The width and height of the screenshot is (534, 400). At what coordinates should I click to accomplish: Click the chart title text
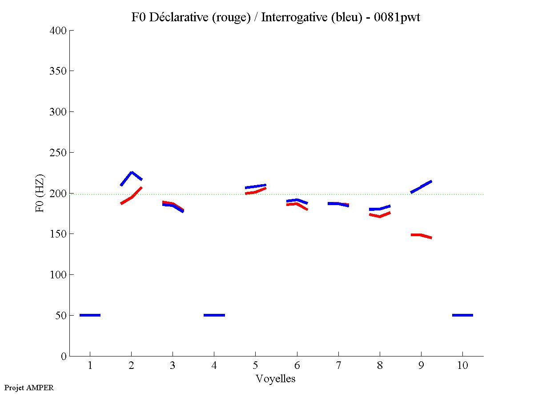click(276, 17)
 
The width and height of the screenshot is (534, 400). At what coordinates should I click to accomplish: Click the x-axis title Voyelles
click(276, 379)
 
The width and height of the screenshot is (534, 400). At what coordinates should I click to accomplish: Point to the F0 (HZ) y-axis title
click(40, 193)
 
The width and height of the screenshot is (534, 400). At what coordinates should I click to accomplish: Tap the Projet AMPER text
click(29, 388)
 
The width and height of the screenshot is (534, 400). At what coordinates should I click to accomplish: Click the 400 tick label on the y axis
click(59, 31)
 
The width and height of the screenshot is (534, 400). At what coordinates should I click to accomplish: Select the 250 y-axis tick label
click(59, 153)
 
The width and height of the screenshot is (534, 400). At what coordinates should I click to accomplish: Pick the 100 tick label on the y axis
click(59, 275)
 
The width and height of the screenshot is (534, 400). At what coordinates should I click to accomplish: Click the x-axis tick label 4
click(214, 366)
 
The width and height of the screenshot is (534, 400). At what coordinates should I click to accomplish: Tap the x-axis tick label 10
click(462, 366)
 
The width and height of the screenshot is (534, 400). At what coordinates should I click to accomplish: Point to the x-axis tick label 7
click(338, 366)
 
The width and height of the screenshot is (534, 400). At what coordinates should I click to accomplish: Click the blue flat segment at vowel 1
click(90, 315)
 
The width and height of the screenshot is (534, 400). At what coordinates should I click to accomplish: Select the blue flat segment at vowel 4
click(214, 315)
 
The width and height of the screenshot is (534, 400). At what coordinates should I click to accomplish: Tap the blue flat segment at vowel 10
click(462, 315)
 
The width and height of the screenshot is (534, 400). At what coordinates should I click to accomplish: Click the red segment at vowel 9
click(421, 235)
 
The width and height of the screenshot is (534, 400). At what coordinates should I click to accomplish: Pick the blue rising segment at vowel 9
click(421, 186)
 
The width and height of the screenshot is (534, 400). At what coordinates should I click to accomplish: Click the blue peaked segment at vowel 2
click(131, 173)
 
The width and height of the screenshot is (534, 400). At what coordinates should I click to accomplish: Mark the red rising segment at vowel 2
click(131, 197)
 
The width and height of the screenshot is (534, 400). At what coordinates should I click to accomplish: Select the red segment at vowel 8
click(379, 216)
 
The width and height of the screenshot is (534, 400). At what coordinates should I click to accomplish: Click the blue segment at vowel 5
click(255, 186)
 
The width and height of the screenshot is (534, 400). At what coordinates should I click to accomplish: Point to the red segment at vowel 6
click(297, 204)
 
